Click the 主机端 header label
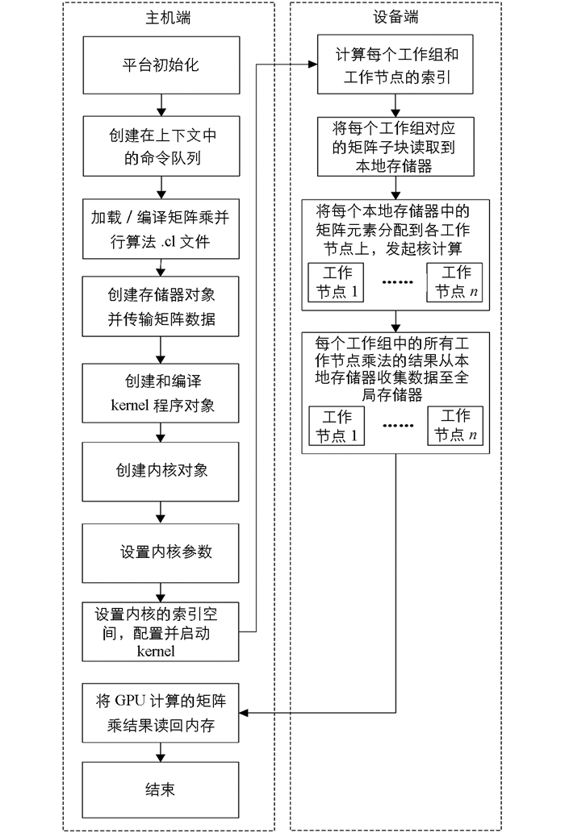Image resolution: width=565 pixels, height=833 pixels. [168, 18]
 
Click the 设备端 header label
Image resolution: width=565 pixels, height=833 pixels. [395, 17]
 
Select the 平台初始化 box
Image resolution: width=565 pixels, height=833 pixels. [161, 65]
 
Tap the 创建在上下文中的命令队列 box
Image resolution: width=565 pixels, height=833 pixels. [161, 147]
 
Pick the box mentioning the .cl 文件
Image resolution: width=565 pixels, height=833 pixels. [161, 230]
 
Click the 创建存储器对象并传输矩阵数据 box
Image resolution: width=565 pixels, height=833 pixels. [161, 306]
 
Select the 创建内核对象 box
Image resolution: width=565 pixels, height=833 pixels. [161, 472]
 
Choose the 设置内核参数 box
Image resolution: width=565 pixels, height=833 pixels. [161, 553]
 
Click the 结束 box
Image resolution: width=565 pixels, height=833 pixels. [161, 790]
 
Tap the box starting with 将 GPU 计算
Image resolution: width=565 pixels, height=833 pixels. [161, 713]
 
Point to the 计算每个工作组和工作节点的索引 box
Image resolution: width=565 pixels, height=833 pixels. [395, 65]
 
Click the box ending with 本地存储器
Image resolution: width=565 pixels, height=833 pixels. [395, 147]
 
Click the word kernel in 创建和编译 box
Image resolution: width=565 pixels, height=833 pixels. [129, 406]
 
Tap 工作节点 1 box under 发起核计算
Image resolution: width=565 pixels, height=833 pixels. [337, 282]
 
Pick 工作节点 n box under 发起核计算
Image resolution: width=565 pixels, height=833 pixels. [455, 282]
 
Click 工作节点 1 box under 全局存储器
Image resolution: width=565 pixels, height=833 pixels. [337, 426]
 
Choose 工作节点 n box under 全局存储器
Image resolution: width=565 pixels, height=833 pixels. [455, 426]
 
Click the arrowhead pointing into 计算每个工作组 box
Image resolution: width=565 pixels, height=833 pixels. [313, 65]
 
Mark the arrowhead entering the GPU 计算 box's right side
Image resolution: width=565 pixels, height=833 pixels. [244, 712]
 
